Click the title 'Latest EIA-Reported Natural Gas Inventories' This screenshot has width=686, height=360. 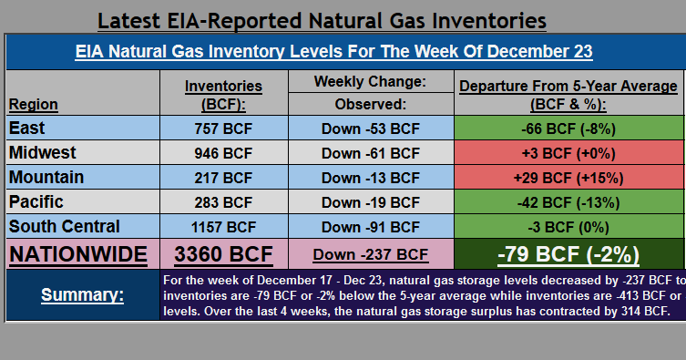click(x=322, y=19)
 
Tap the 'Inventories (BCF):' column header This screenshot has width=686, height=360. click(x=223, y=94)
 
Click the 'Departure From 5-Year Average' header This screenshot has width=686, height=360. click(x=568, y=86)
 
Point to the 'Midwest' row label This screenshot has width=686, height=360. click(x=42, y=152)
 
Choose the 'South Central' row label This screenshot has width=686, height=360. click(x=63, y=225)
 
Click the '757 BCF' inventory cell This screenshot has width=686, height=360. click(x=222, y=128)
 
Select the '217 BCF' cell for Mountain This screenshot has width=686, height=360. click(x=222, y=177)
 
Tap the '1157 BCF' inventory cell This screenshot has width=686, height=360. click(x=222, y=226)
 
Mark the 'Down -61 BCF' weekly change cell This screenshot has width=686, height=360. click(x=370, y=152)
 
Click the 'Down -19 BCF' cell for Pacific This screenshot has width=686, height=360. click(x=370, y=201)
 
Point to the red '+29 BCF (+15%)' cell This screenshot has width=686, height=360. click(x=568, y=177)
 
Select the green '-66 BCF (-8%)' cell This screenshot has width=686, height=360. click(x=568, y=128)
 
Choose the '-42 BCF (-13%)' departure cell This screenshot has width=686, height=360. click(x=568, y=201)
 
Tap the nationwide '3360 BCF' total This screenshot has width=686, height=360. click(x=223, y=254)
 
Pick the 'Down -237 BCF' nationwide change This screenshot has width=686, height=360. click(x=370, y=255)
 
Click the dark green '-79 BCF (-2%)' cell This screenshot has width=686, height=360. click(x=567, y=254)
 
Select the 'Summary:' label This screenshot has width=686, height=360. click(x=82, y=295)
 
